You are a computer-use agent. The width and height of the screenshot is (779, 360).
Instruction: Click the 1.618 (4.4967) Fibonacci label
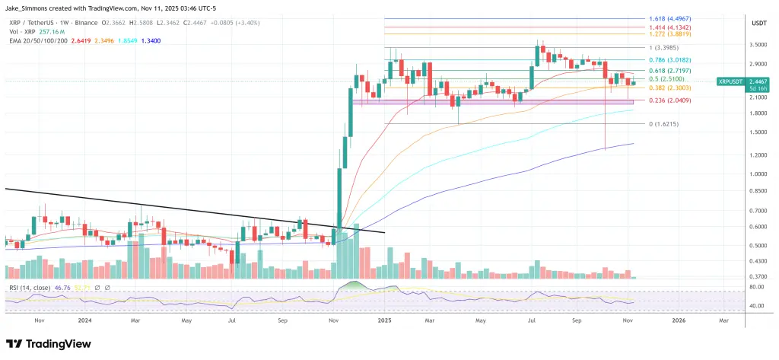tap(670, 18)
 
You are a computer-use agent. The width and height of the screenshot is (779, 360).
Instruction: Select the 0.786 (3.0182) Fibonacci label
tap(670, 59)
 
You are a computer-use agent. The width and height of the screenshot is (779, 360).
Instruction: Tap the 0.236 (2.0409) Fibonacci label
tap(670, 100)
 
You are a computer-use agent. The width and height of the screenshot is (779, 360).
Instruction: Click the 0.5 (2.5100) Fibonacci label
tap(667, 78)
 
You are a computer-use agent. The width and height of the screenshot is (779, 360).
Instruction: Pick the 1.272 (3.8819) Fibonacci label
tap(670, 34)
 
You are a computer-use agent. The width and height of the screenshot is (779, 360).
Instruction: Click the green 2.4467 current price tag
tap(756, 81)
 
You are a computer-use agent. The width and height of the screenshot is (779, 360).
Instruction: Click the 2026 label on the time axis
tap(679, 320)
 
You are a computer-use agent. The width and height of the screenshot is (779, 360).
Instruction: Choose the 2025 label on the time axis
tap(385, 320)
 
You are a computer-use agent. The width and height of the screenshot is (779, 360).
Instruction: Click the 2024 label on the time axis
tap(86, 320)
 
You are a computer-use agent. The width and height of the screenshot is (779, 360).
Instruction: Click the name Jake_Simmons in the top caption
tap(30, 5)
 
